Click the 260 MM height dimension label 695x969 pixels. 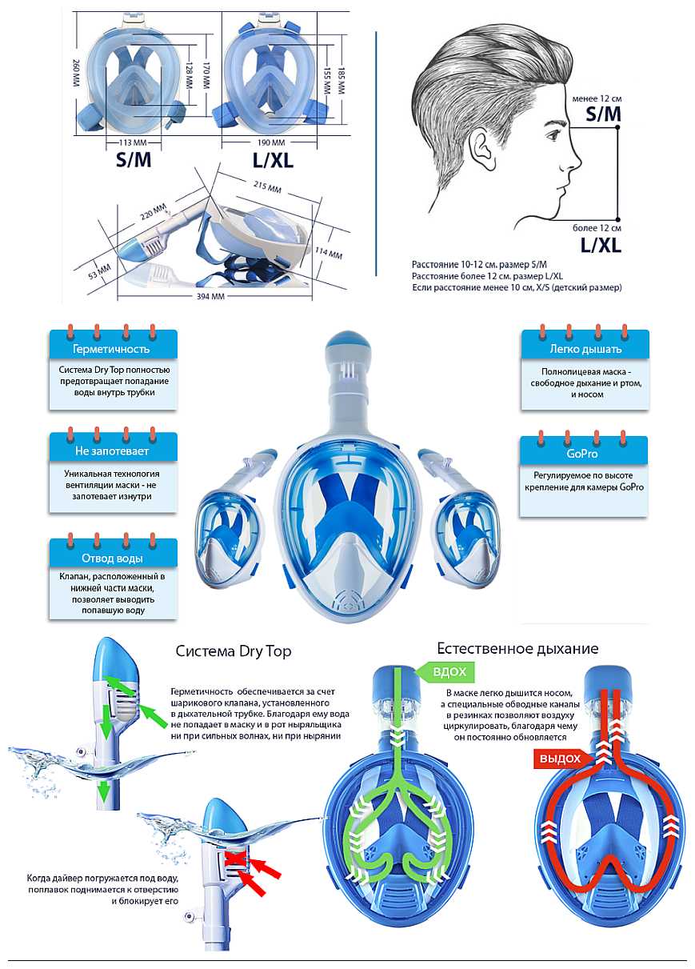[x=77, y=73]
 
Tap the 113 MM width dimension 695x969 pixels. [x=134, y=142]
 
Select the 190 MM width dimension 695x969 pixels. [x=271, y=142]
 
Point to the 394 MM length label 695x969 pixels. [x=210, y=296]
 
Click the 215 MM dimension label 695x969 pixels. [x=267, y=186]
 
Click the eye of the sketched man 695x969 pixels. [x=553, y=136]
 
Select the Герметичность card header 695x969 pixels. [x=113, y=349]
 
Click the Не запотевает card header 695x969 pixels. [x=113, y=450]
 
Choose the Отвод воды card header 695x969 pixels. [x=113, y=558]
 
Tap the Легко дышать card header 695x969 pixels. [x=585, y=349]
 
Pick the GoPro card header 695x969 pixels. [x=583, y=454]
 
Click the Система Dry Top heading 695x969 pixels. [x=234, y=651]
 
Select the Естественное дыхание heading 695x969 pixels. [x=517, y=648]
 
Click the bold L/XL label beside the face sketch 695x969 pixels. [x=601, y=245]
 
